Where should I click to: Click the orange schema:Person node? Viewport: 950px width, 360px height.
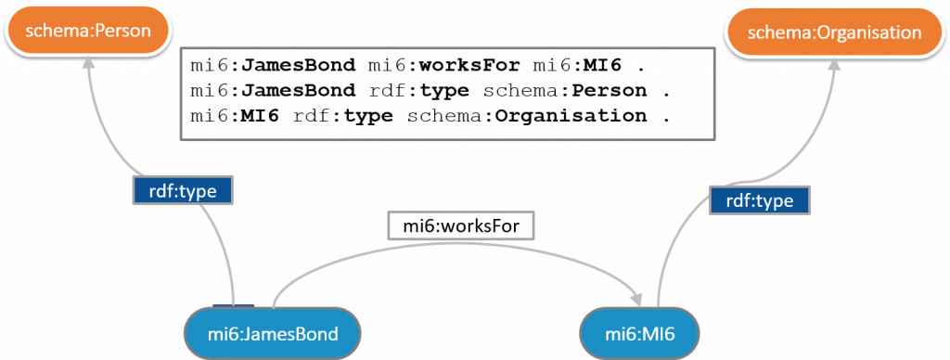point(89,31)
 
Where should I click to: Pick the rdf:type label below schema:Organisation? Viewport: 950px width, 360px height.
point(759,199)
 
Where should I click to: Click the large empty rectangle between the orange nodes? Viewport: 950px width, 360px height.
point(447,94)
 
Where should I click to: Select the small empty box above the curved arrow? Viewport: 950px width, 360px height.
point(460,225)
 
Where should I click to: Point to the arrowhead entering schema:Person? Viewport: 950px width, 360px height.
point(89,64)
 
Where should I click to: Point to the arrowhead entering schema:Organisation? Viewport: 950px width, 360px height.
point(834,67)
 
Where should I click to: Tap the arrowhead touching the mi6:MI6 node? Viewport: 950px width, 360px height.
point(638,299)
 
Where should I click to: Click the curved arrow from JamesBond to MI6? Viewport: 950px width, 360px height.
point(445,247)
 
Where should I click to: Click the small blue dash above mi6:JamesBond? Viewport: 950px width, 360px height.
point(233,303)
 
